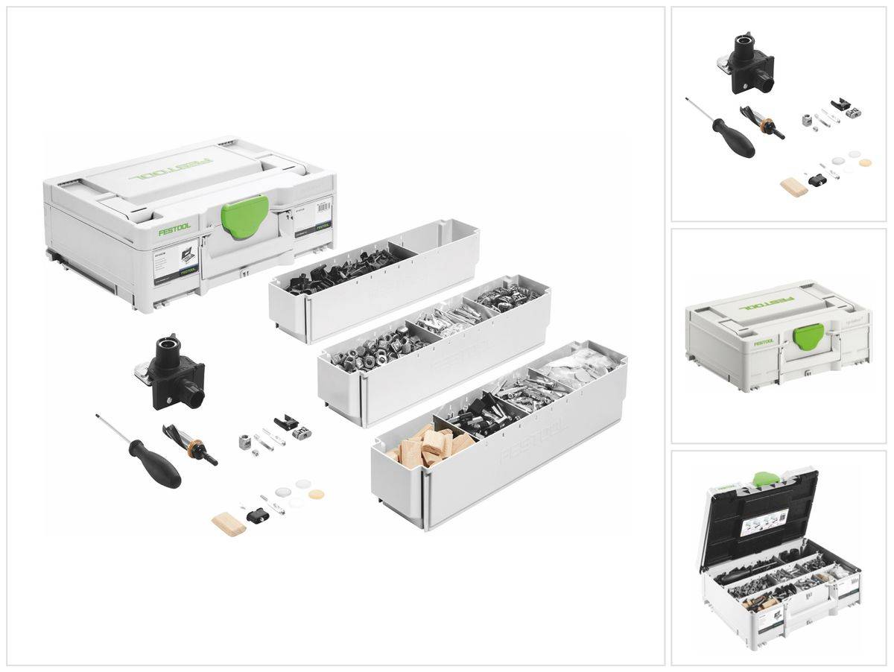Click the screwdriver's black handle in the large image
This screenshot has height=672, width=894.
click(154, 463)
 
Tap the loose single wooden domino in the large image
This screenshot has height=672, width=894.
click(228, 524)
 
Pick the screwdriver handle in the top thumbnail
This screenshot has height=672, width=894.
click(733, 137)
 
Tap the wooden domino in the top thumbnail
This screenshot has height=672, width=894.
click(794, 186)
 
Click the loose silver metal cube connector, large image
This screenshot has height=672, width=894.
click(245, 441)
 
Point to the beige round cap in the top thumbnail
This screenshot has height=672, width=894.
click(865, 162)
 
